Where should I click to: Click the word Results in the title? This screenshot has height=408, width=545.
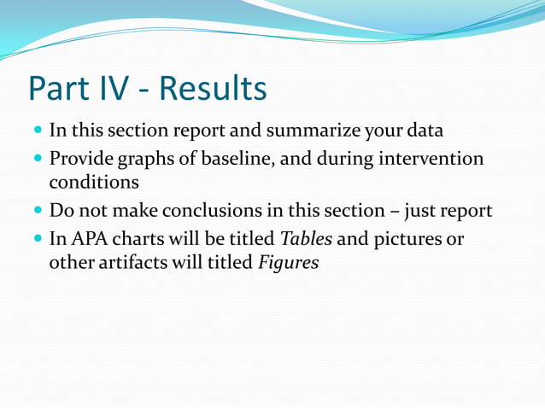[x=214, y=89]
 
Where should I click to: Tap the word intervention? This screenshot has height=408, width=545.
[x=433, y=159]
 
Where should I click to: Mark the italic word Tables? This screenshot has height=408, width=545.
[x=306, y=238]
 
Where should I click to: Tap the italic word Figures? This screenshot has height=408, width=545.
[x=289, y=263]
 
